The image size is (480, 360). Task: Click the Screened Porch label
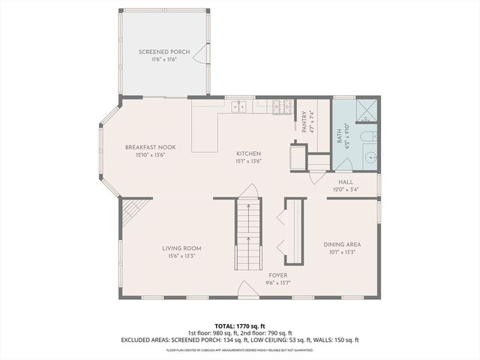(x=164, y=52)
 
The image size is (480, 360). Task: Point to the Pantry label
(x=305, y=121)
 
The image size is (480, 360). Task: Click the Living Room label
(x=181, y=248)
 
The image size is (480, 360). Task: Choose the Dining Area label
(x=342, y=244)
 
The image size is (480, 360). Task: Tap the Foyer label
(x=277, y=275)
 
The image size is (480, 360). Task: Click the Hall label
(x=345, y=181)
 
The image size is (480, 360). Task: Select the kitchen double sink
(x=238, y=106)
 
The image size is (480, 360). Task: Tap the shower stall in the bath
(x=367, y=111)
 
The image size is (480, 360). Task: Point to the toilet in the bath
(x=368, y=137)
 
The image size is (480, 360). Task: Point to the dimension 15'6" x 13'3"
(x=181, y=256)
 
